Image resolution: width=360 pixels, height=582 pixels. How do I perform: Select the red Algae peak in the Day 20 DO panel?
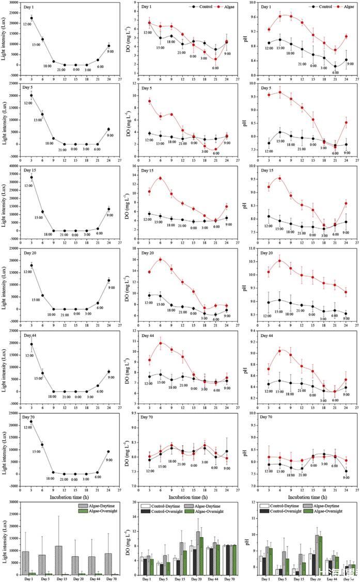click(x=161, y=259)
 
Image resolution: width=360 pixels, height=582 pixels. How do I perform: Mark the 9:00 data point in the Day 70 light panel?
click(x=108, y=452)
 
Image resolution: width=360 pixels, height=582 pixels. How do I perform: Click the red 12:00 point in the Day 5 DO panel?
click(x=149, y=101)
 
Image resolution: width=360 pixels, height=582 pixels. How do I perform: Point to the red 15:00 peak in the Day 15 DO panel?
click(x=161, y=178)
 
